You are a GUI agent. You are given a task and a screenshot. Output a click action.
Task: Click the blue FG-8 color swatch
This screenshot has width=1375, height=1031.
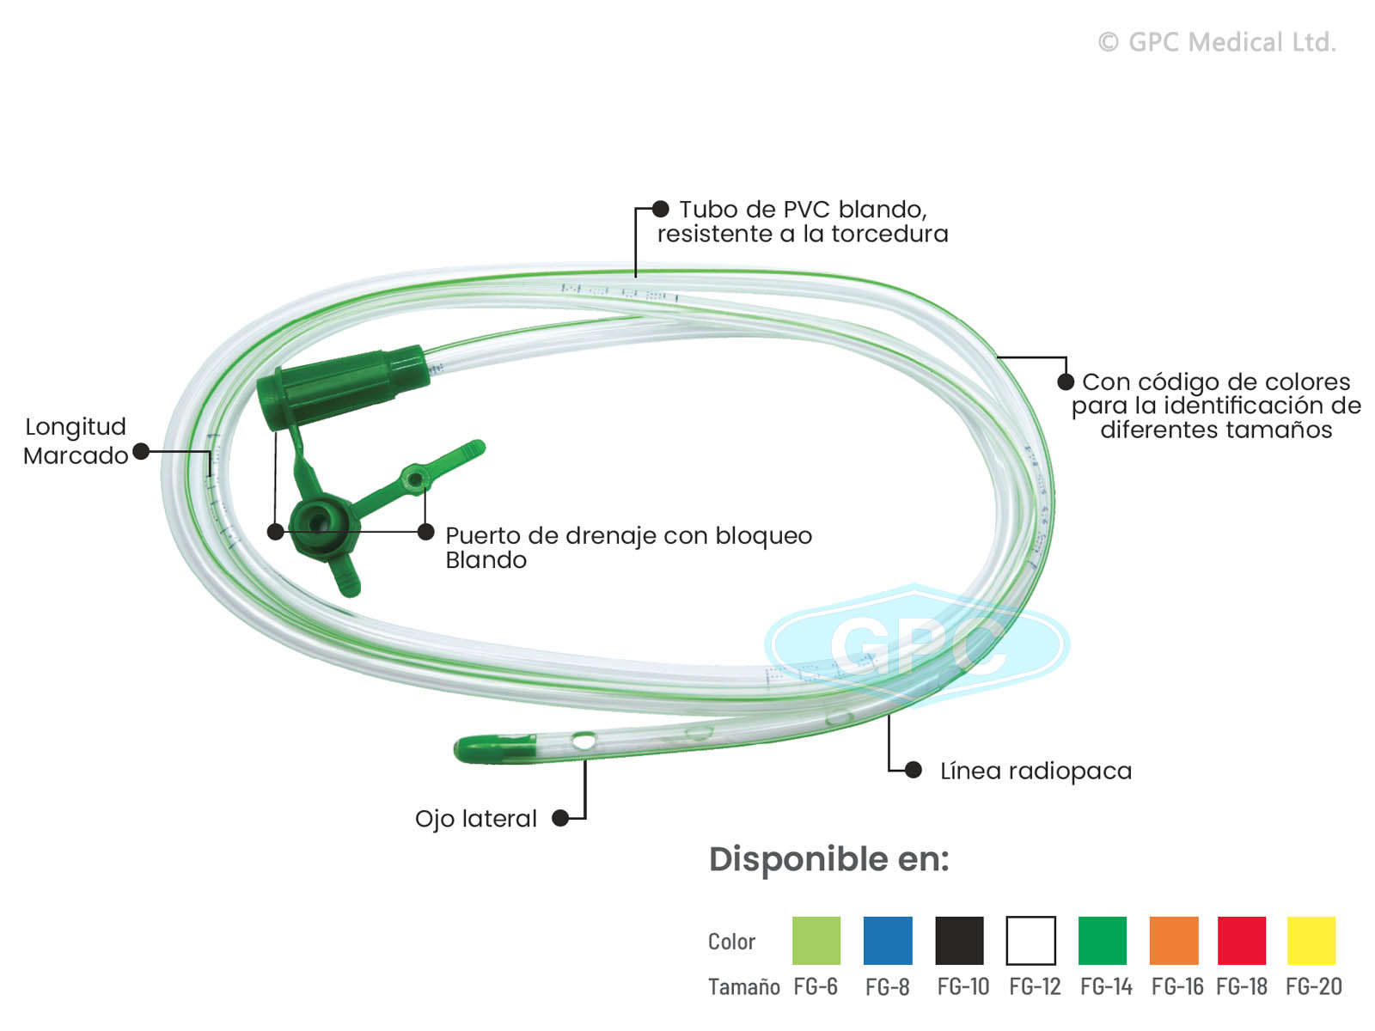coord(888,941)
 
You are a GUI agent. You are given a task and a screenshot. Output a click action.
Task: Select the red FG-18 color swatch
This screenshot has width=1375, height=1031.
coord(1241,941)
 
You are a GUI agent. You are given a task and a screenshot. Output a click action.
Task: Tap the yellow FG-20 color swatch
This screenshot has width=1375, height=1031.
coord(1311,941)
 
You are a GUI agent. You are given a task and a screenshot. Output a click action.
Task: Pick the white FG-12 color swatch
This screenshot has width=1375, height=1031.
coord(1030,941)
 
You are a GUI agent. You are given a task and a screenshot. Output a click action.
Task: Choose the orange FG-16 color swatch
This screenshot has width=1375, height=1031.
coord(1174,941)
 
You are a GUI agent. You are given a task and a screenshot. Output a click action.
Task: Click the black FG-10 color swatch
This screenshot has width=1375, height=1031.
coord(959,941)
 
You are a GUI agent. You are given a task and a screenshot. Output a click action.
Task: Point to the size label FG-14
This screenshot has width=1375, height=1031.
coord(1106,987)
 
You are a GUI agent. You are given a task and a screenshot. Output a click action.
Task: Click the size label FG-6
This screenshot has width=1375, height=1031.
coord(816,987)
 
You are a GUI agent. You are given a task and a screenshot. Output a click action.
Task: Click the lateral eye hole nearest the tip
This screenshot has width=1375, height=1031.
coord(584,740)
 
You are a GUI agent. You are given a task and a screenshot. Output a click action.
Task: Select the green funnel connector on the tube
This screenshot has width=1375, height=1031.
coord(344,386)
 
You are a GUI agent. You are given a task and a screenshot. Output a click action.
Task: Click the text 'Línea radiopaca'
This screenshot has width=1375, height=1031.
coord(1036,772)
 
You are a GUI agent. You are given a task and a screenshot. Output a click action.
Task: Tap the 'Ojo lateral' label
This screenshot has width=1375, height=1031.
coord(475,819)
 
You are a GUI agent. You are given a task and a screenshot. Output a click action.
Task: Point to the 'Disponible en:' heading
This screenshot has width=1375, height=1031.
coord(828,859)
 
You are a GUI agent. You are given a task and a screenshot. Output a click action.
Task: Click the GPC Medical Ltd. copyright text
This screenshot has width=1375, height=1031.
coord(1217,42)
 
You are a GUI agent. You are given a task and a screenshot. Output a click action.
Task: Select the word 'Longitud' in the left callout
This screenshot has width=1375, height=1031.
coord(76,427)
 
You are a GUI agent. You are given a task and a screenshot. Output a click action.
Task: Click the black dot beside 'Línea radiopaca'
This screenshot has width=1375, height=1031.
coord(914,770)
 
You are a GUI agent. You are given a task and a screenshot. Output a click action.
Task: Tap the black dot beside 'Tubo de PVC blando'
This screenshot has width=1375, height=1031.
coord(660,209)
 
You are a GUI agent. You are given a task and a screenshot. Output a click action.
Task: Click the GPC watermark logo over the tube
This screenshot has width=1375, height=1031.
coord(917,644)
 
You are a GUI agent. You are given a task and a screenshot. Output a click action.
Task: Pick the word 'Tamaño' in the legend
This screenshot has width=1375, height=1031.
coord(743,987)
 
